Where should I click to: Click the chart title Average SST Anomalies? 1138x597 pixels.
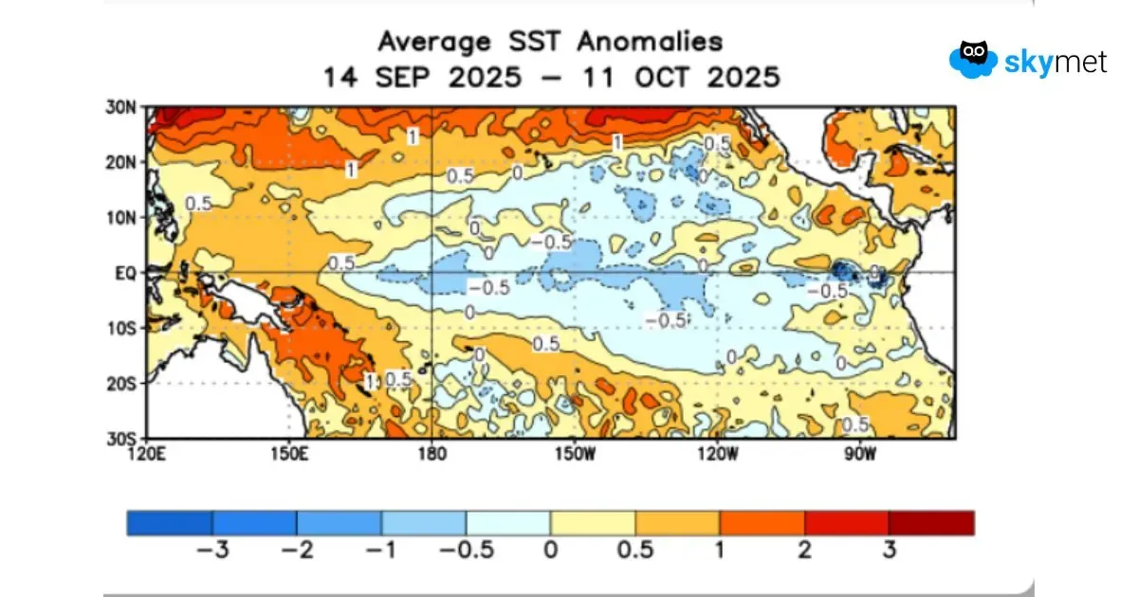[x=550, y=42]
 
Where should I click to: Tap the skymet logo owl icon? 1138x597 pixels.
[x=972, y=59]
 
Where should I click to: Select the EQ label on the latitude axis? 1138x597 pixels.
[x=128, y=273]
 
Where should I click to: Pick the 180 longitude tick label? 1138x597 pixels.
[x=431, y=453]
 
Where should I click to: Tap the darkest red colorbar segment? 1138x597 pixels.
[x=931, y=523]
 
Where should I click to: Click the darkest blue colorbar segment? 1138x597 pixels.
[x=170, y=523]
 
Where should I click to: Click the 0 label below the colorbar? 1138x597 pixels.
[x=550, y=549]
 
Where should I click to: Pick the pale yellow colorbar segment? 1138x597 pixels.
[x=593, y=523]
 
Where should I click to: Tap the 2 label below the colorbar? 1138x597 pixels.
[x=805, y=549]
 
